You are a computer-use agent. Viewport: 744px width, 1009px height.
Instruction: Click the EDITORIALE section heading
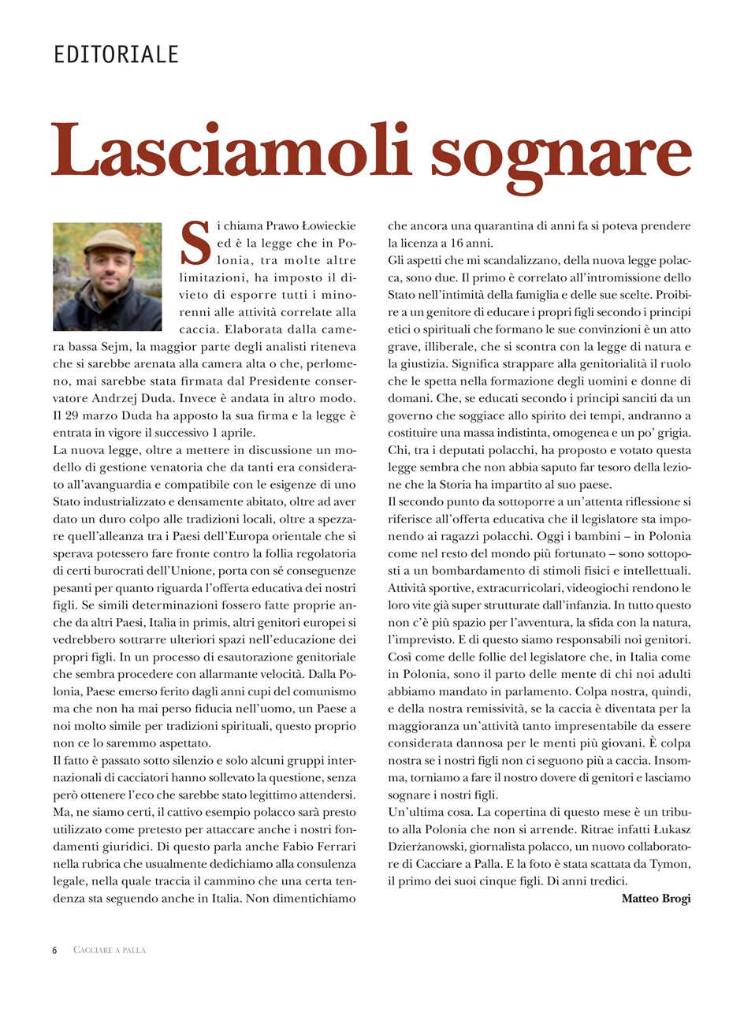(116, 54)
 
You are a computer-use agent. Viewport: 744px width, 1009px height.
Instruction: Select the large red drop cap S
(195, 243)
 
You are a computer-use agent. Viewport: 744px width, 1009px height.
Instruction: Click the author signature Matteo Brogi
(656, 898)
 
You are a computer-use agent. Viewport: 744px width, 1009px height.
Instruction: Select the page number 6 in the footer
(55, 950)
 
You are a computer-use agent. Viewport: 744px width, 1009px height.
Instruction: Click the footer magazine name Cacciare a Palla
(110, 950)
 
